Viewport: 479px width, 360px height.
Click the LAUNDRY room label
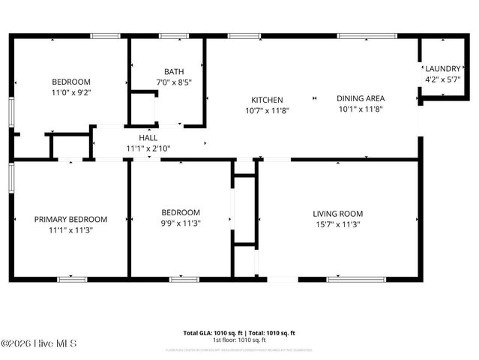click(442, 68)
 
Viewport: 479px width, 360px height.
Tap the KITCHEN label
click(267, 100)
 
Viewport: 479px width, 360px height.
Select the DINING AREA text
click(361, 98)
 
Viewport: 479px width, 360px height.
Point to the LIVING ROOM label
click(337, 214)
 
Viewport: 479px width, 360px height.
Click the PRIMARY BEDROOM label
click(70, 220)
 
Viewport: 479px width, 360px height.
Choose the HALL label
click(148, 138)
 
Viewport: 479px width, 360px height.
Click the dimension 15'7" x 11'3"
click(337, 224)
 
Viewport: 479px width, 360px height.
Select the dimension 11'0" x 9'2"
click(70, 92)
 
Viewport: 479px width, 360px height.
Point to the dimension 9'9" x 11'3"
click(181, 223)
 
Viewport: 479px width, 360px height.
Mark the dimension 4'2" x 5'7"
click(442, 79)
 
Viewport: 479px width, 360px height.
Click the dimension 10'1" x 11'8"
click(361, 109)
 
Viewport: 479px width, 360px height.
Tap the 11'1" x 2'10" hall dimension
click(148, 148)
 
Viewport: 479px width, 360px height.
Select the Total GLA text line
click(239, 332)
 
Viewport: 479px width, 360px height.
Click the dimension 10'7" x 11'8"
click(267, 110)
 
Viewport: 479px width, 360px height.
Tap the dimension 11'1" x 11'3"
click(70, 230)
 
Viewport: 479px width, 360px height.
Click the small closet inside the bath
click(143, 108)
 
